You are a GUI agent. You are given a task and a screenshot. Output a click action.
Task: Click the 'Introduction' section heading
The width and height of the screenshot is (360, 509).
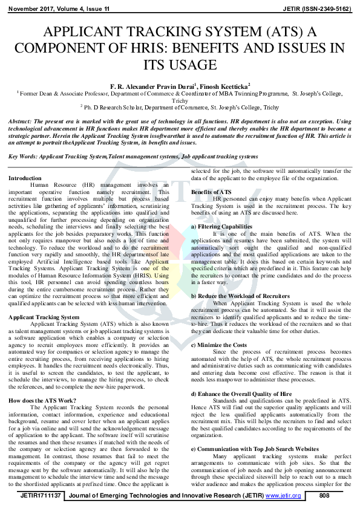point(25,178)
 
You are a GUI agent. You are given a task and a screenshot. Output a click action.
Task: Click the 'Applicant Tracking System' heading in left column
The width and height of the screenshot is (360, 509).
point(44,317)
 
